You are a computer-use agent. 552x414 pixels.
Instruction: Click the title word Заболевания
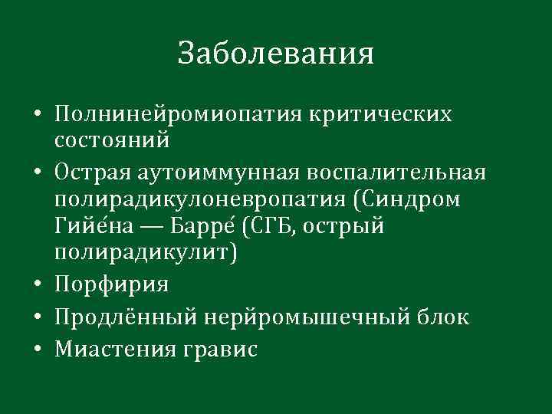[275, 54]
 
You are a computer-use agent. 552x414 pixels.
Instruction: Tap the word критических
[380, 115]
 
